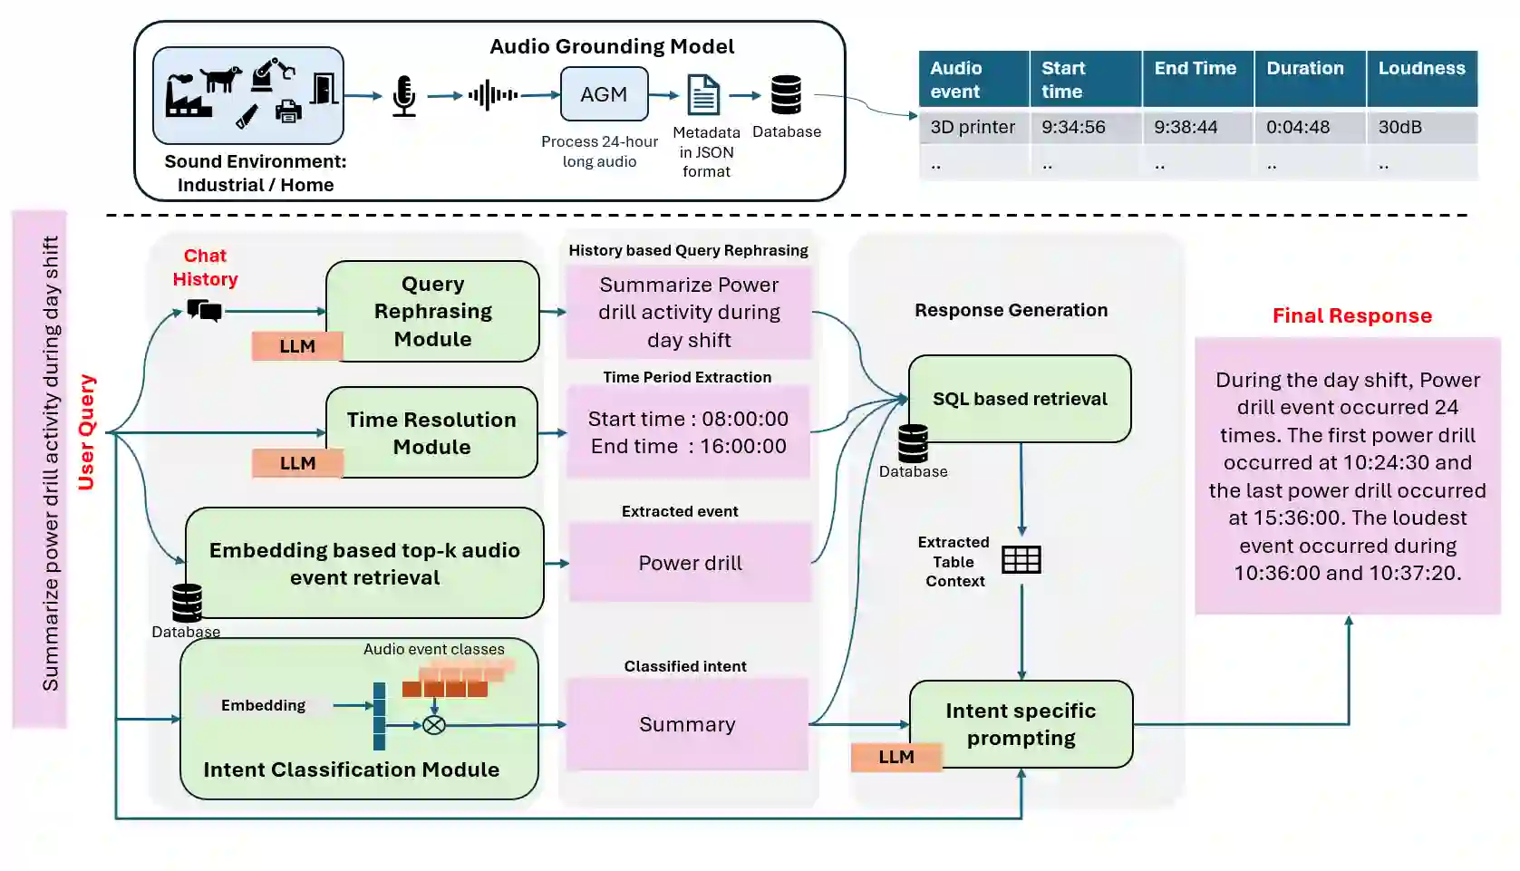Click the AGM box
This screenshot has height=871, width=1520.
(x=604, y=93)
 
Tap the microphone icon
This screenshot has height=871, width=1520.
(x=403, y=96)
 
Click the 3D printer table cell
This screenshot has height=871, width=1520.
(x=973, y=127)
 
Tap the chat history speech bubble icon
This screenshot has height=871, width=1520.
(x=204, y=310)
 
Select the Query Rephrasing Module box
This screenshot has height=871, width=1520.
(x=432, y=312)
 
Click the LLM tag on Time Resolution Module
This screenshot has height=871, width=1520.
(x=297, y=463)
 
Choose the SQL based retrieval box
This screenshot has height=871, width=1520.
(x=1020, y=399)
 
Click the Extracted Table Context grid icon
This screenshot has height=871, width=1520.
(x=1021, y=559)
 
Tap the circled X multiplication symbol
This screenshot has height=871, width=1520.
(x=434, y=725)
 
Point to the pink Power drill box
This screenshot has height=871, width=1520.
(x=690, y=562)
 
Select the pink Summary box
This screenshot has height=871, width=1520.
(x=687, y=724)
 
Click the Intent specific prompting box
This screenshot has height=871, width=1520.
(x=1021, y=724)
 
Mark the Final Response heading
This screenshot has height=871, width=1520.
(x=1351, y=315)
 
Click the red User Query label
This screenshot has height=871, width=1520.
(x=87, y=432)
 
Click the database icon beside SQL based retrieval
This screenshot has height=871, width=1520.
(x=913, y=443)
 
